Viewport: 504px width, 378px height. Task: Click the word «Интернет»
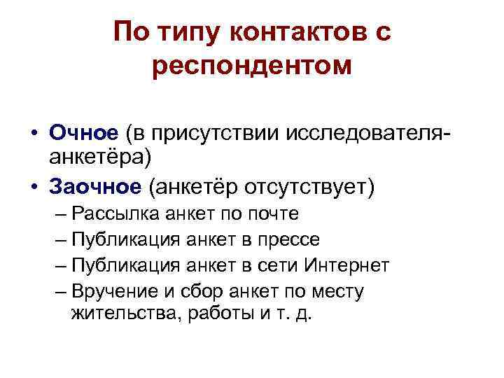[346, 266]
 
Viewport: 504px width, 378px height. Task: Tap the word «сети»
[280, 266]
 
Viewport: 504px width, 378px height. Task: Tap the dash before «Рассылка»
[59, 214]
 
